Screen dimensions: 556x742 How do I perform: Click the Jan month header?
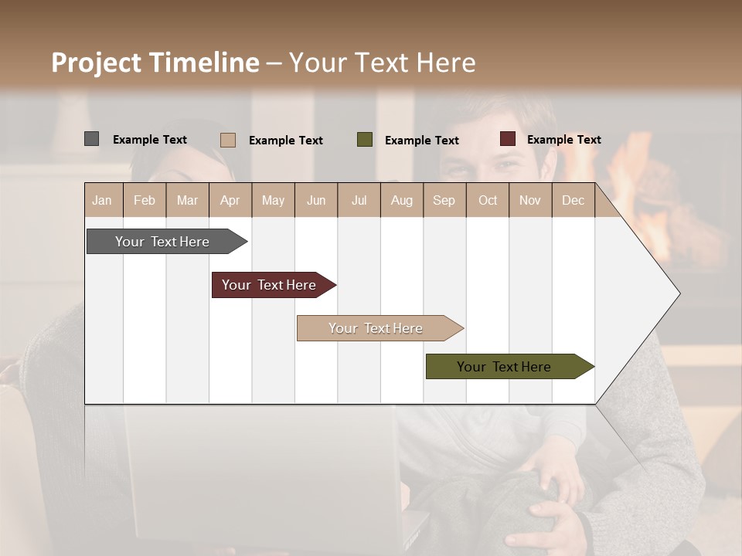point(102,200)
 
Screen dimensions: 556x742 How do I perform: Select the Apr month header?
point(230,200)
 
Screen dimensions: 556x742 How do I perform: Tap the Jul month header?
point(359,200)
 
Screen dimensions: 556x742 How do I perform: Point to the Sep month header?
point(444,200)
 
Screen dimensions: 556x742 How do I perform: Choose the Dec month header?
point(573,200)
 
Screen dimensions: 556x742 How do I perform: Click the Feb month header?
point(145,200)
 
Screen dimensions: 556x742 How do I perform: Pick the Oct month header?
point(488,200)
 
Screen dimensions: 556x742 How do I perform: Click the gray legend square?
point(92,139)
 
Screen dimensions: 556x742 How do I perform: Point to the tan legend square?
point(228,140)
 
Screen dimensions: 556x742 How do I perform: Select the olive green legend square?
point(365,140)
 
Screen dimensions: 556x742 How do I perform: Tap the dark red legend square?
point(508,139)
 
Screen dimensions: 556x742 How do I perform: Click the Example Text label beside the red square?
point(563,140)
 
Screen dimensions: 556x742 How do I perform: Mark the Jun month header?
point(316,200)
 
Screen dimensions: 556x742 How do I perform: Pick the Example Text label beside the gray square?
point(150,140)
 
